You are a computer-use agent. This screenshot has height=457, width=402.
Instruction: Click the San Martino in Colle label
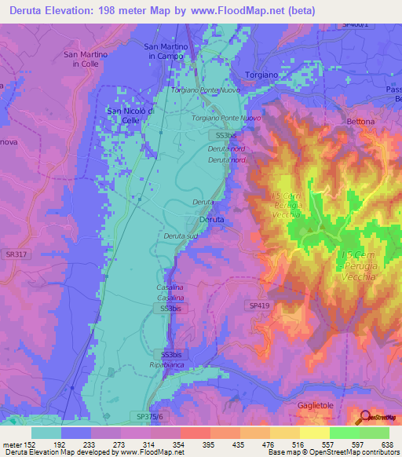(83, 59)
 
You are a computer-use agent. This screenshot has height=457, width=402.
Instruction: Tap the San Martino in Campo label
(166, 52)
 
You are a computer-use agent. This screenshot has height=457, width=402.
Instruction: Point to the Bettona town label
(361, 122)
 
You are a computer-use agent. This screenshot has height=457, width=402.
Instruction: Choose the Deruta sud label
(180, 236)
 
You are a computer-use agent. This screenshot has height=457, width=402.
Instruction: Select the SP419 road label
(260, 305)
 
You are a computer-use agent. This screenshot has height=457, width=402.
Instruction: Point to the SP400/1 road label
(355, 25)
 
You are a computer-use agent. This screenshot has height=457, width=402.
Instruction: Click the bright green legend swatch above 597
(344, 433)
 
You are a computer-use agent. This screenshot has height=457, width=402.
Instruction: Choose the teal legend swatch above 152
(46, 433)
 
